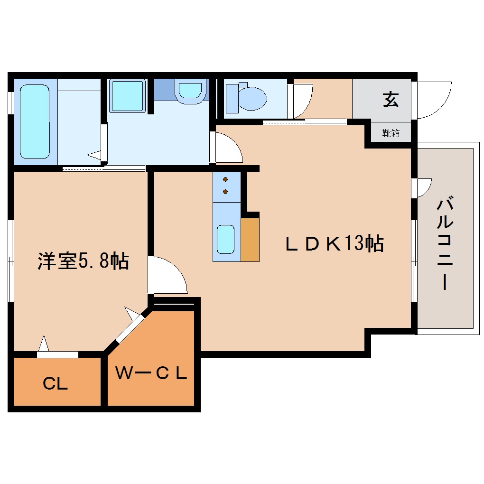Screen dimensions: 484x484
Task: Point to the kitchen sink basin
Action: click(226, 240)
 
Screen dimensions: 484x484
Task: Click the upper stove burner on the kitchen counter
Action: click(225, 179)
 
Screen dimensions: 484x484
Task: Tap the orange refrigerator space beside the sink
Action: click(250, 240)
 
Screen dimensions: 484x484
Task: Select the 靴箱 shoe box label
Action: click(391, 133)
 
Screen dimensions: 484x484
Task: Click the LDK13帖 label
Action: click(334, 244)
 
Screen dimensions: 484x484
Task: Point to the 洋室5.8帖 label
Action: click(84, 261)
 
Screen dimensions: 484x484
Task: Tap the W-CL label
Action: click(151, 373)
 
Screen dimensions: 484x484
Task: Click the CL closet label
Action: click(56, 383)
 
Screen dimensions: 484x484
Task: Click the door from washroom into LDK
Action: click(227, 148)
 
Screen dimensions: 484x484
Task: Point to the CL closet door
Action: click(57, 354)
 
